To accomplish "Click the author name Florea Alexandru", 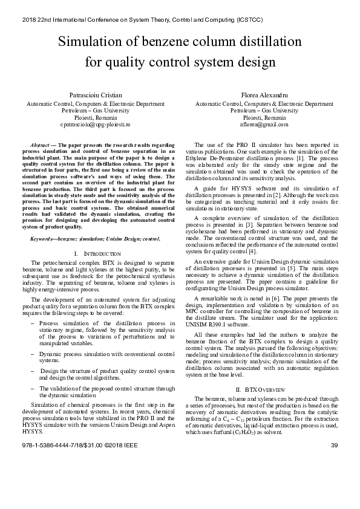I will pyautogui.click(x=264, y=96).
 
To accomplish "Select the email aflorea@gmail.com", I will pyautogui.click(x=264, y=125).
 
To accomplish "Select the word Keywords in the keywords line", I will pyautogui.click(x=44, y=239).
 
